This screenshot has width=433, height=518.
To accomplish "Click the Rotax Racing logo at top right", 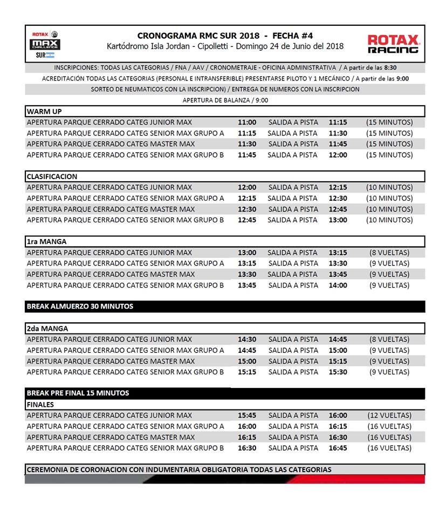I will click(x=393, y=44).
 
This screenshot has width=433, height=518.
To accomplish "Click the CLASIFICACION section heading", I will click(x=52, y=176).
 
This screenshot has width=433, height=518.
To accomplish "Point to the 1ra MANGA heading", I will click(x=46, y=242).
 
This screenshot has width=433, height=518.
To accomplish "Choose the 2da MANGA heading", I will click(x=47, y=328).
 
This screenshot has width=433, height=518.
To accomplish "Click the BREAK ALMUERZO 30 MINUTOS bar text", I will click(x=80, y=306).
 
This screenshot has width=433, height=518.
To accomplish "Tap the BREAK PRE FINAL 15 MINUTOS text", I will click(x=78, y=393).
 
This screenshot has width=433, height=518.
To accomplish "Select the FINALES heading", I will click(x=40, y=404).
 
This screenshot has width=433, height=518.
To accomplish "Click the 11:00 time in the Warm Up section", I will click(x=247, y=122).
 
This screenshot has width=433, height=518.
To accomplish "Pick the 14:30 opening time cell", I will click(x=247, y=339).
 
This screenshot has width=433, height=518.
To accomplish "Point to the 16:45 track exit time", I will click(x=338, y=448).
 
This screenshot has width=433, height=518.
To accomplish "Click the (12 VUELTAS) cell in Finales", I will click(x=389, y=415).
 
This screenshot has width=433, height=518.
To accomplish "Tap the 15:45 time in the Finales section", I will click(x=247, y=415).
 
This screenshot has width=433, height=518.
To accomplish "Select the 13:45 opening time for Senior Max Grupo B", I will click(x=247, y=285).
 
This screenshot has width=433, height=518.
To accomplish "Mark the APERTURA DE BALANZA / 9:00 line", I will click(x=225, y=100).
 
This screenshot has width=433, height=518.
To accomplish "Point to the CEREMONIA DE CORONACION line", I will click(x=179, y=469).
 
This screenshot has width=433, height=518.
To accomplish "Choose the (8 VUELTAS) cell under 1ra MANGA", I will click(x=389, y=253).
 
